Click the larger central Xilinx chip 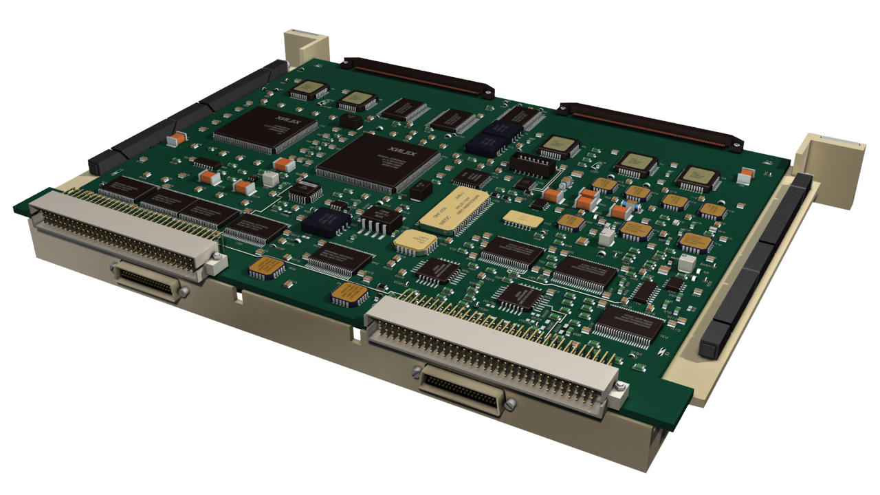pos(379,162)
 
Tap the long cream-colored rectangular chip pos(454,212)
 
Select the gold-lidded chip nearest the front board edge pos(349,294)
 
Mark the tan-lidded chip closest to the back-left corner pos(309,90)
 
